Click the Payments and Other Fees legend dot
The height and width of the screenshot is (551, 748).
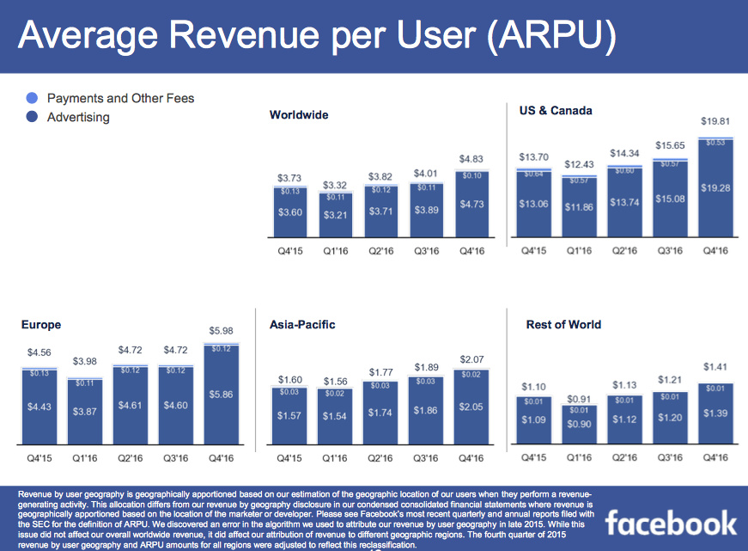tap(32, 98)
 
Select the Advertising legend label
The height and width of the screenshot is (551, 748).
tap(78, 117)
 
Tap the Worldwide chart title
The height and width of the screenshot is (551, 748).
tap(298, 115)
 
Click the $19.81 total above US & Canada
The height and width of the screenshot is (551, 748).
tap(717, 123)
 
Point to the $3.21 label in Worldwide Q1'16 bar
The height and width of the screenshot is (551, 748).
tap(334, 214)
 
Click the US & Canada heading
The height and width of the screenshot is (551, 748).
tap(556, 111)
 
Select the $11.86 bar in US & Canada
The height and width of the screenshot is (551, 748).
tap(581, 207)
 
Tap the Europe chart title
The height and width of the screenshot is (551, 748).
tap(41, 325)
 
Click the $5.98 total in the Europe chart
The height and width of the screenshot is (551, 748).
tap(221, 331)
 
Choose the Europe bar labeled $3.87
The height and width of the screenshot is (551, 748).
tap(86, 413)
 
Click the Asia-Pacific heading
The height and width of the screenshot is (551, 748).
tap(302, 325)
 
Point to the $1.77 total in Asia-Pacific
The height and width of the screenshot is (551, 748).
tap(380, 372)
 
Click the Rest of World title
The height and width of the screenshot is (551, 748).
tap(563, 325)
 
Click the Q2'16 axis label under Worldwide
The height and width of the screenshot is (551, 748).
tap(380, 251)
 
